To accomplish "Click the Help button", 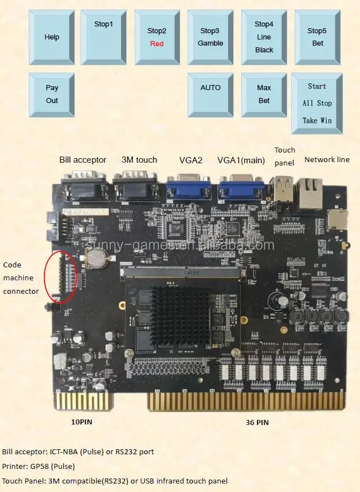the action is (51, 37).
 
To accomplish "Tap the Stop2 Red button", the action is (157, 37).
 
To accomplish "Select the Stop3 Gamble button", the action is (210, 37).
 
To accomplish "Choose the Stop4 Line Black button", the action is (264, 37).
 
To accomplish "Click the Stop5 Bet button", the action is (317, 37).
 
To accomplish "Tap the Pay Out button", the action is (52, 94).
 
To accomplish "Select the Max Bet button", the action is (264, 94).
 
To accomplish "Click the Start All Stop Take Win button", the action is (317, 103).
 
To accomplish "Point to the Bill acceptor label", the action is (83, 160).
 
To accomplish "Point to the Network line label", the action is (327, 160).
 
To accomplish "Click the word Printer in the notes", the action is (14, 466).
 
